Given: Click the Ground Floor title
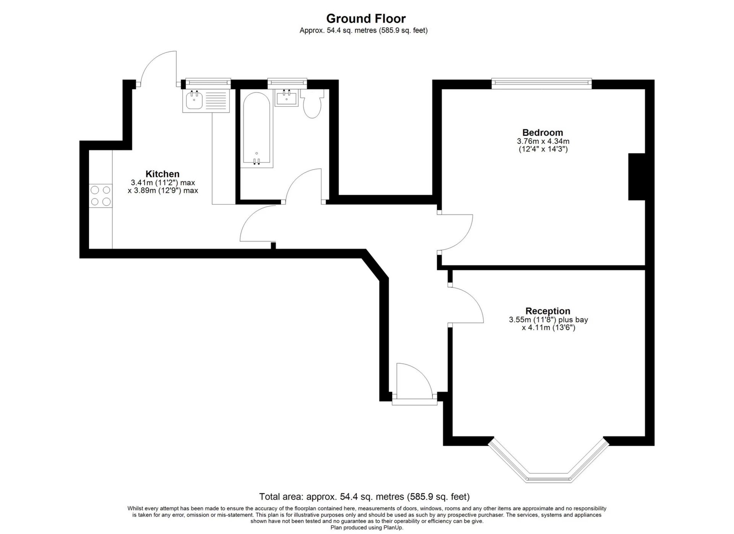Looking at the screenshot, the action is pyautogui.click(x=366, y=18).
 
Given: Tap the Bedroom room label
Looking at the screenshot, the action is pyautogui.click(x=542, y=132).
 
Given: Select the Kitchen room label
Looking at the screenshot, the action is pyautogui.click(x=162, y=174).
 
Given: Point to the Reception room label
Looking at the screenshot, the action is pyautogui.click(x=548, y=311).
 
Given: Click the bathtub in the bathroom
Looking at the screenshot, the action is pyautogui.click(x=257, y=130).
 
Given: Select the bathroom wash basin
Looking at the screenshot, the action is pyautogui.click(x=286, y=97).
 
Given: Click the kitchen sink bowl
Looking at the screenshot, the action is pyautogui.click(x=195, y=100).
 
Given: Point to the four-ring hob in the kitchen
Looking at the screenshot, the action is pyautogui.click(x=101, y=196).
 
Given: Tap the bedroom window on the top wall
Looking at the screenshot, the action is pyautogui.click(x=541, y=84).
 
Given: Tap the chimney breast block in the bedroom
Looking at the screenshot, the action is pyautogui.click(x=637, y=176).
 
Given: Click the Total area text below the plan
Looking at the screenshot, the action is pyautogui.click(x=364, y=497).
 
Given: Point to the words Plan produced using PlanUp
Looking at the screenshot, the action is pyautogui.click(x=367, y=527).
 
